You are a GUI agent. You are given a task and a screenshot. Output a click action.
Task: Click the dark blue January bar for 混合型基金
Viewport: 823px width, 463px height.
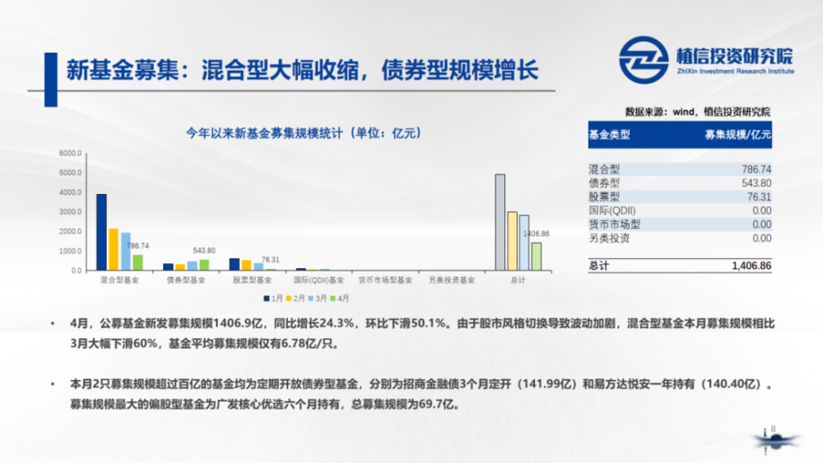point(101,232)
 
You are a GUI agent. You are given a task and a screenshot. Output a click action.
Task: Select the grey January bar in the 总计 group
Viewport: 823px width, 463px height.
point(500,222)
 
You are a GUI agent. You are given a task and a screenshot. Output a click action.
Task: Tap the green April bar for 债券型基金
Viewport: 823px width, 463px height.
point(204,266)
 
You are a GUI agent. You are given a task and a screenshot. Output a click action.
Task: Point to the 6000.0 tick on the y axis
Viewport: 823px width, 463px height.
point(70,153)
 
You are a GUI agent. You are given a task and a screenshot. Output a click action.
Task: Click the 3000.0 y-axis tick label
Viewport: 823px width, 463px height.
point(70,212)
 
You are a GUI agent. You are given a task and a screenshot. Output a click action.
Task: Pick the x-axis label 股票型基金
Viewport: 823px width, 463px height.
point(253,280)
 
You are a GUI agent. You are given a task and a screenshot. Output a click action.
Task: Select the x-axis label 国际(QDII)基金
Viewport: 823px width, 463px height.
point(319,280)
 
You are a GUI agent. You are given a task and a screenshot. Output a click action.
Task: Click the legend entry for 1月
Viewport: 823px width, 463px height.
point(273,299)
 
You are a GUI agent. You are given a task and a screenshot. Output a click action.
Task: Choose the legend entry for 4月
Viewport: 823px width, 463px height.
point(340,299)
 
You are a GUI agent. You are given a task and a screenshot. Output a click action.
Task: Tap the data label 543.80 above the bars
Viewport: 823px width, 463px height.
point(204,251)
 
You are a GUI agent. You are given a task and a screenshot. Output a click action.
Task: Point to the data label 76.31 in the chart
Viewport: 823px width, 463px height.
point(270,260)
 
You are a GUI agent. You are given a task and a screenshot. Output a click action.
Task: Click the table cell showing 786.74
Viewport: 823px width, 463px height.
point(756,169)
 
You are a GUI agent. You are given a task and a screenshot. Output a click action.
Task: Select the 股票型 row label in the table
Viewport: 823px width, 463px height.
point(604,197)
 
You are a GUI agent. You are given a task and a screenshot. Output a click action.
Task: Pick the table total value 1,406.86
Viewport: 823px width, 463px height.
point(751,266)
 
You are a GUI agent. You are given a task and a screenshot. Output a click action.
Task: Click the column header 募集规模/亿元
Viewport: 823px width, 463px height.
point(738,135)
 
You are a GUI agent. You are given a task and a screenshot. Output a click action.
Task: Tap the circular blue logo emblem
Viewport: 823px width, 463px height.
point(644,60)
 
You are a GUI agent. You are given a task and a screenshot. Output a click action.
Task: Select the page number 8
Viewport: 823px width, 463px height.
point(773,429)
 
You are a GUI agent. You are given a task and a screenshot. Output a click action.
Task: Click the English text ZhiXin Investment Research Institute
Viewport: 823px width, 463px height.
point(735,72)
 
